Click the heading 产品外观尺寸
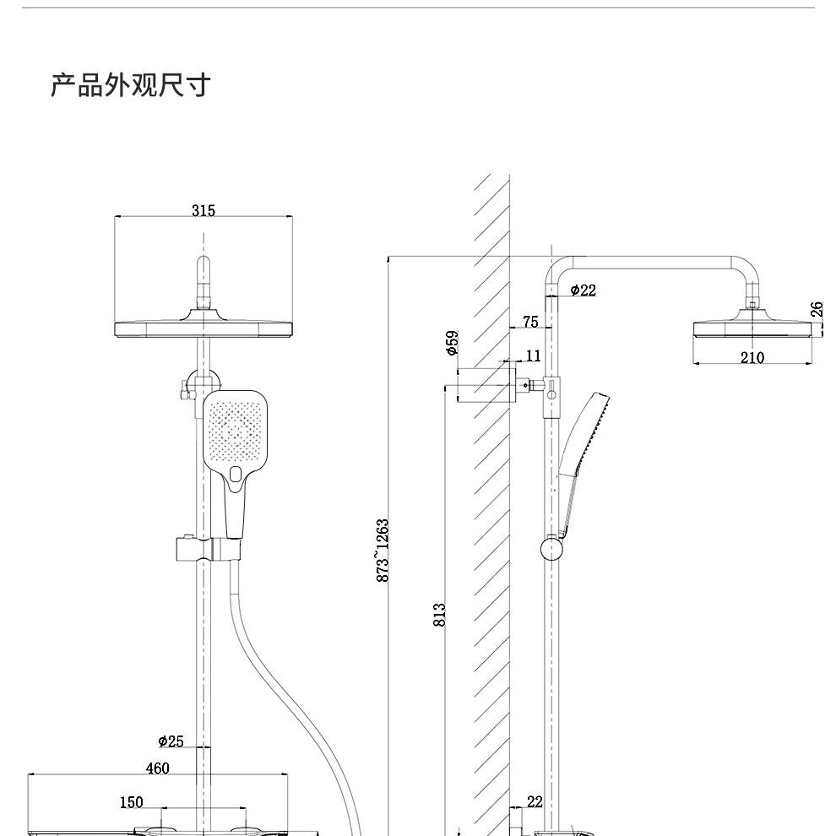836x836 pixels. pyautogui.click(x=131, y=85)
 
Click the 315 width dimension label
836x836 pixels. pyautogui.click(x=204, y=210)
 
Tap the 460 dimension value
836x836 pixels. pyautogui.click(x=157, y=768)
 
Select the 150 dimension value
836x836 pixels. pyautogui.click(x=131, y=802)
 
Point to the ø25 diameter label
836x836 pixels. pyautogui.click(x=171, y=741)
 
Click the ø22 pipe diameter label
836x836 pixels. pyautogui.click(x=583, y=290)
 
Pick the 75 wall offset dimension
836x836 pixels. pyautogui.click(x=530, y=322)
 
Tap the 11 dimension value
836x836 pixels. pyautogui.click(x=533, y=356)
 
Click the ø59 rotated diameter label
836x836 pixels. pyautogui.click(x=452, y=343)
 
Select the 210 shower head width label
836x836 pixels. pyautogui.click(x=752, y=358)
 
